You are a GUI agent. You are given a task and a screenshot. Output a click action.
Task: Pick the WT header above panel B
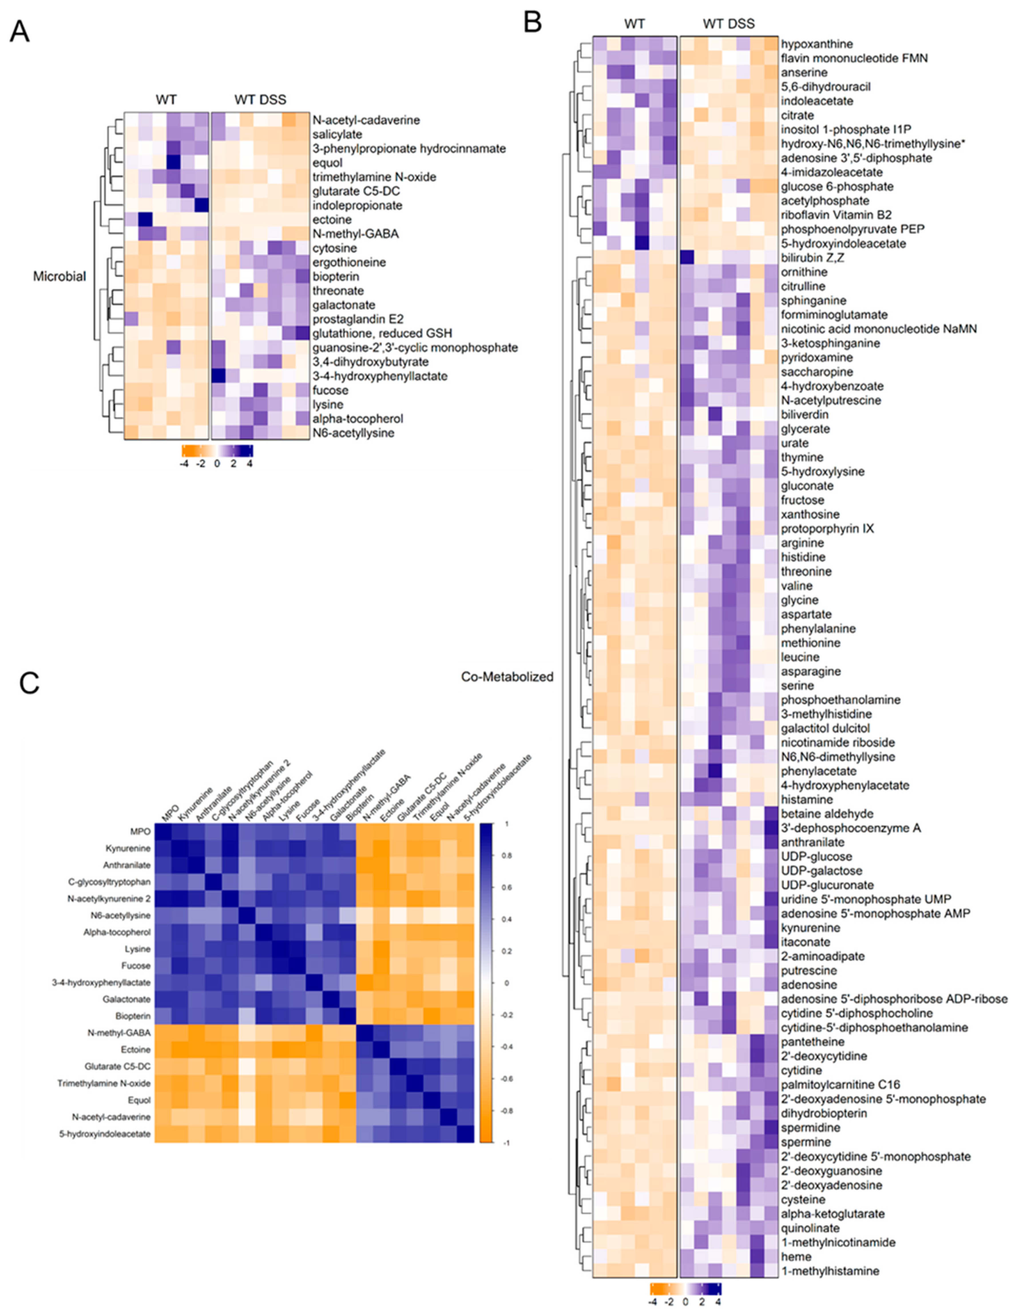[635, 24]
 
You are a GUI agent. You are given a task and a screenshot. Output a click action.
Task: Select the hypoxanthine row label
[817, 44]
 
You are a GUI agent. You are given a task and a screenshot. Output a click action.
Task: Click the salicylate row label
[336, 134]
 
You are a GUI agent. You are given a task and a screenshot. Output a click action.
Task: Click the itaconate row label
[805, 942]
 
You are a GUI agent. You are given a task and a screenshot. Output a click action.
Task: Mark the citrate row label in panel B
[798, 115]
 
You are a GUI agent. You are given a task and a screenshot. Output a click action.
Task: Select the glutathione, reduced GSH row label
[382, 333]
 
